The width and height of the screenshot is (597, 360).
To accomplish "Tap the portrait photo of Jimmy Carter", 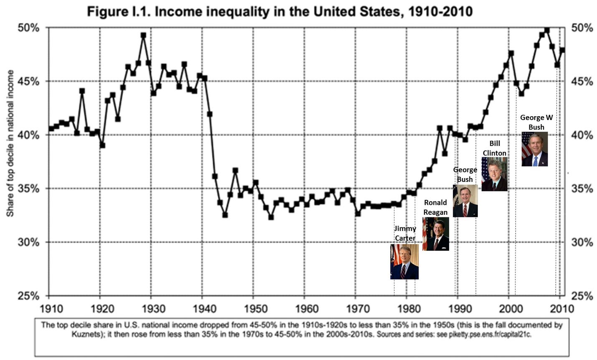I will click(404, 262).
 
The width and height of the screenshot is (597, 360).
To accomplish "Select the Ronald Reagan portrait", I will click(436, 234).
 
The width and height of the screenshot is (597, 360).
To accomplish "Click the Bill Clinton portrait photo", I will click(494, 174).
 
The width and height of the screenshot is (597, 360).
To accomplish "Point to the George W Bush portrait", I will click(534, 149).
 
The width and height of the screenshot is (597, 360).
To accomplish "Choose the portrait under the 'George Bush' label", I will click(465, 201).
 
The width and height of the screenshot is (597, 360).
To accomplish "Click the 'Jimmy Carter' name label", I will click(405, 233).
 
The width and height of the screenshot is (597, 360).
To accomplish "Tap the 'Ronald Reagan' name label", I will click(435, 207).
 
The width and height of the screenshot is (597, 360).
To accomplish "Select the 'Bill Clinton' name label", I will click(494, 148).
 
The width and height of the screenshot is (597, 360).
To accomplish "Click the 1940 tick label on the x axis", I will click(202, 309).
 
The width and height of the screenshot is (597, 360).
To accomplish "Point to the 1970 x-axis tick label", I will click(356, 309).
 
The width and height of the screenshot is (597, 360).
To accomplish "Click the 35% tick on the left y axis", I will click(28, 189).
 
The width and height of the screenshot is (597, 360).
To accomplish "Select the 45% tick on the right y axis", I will click(582, 82).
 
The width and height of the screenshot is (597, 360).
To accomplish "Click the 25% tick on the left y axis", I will click(28, 296).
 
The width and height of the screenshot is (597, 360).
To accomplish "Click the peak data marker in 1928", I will click(143, 36).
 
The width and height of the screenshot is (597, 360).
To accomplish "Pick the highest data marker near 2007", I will click(547, 30).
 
